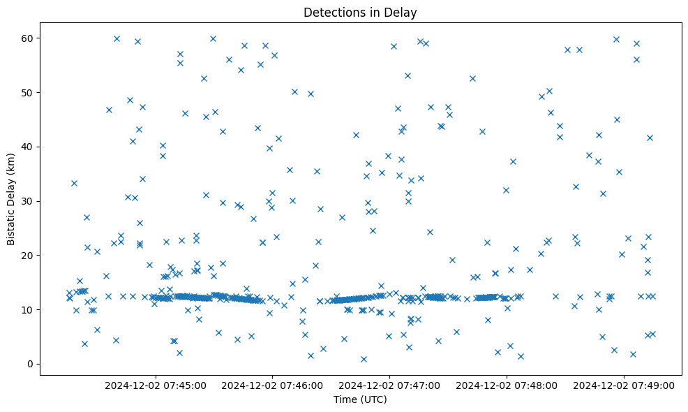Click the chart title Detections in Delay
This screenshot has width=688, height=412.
click(360, 13)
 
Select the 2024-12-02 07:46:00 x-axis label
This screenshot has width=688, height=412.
click(272, 385)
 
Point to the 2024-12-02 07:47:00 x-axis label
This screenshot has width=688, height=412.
click(389, 385)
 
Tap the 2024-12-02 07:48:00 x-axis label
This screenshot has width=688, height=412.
click(507, 385)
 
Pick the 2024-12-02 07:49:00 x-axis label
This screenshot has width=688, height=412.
click(624, 385)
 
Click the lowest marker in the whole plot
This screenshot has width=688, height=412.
click(364, 359)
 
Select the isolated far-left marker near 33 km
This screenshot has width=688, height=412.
click(74, 183)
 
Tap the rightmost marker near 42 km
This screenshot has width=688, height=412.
click(650, 138)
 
